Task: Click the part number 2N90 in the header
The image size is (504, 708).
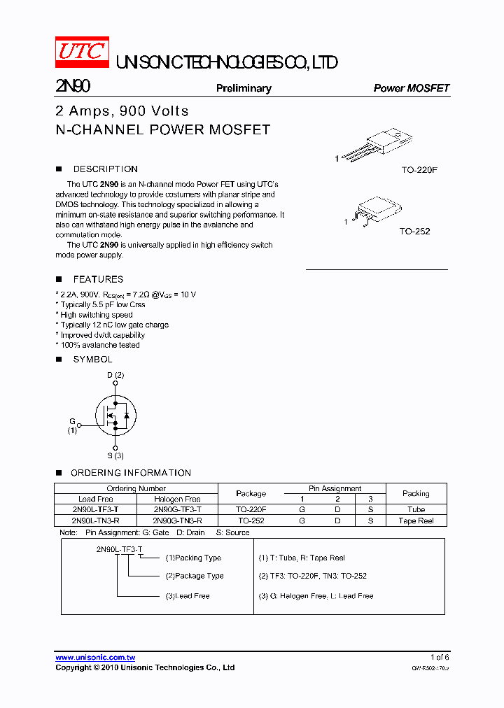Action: [72, 87]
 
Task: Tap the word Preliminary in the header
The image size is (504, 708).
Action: [244, 88]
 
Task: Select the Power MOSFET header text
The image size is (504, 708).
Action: [411, 88]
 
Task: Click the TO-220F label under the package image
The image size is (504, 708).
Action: [419, 170]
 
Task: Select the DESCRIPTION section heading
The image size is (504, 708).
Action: [105, 169]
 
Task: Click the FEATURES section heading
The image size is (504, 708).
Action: [98, 279]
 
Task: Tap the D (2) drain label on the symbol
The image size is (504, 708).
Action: [115, 375]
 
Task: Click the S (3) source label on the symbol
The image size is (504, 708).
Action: [115, 455]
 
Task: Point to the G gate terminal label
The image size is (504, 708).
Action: [72, 421]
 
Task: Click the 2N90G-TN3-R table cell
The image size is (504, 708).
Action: [177, 521]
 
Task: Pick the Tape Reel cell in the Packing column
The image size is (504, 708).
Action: [416, 521]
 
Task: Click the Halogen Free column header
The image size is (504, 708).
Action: [177, 499]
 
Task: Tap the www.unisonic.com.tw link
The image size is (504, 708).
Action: [95, 657]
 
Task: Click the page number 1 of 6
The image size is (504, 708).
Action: [439, 657]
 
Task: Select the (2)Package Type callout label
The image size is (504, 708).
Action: [195, 576]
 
